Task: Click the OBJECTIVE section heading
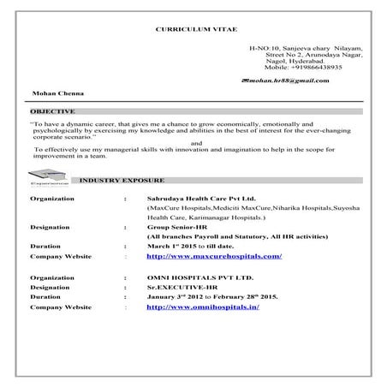point(52,112)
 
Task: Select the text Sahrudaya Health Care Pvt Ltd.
point(202,197)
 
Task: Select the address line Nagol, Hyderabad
point(295,61)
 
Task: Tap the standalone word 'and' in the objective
point(197,142)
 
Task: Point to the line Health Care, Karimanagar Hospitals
point(205,218)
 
